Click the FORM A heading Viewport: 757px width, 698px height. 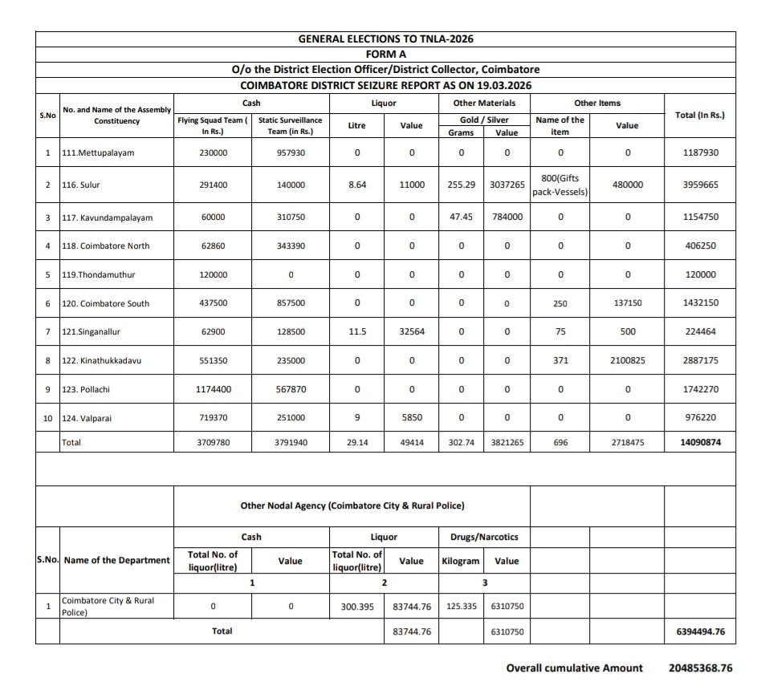pyautogui.click(x=385, y=54)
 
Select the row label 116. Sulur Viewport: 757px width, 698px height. pyautogui.click(x=82, y=185)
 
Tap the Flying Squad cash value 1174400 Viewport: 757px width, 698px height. pyautogui.click(x=213, y=389)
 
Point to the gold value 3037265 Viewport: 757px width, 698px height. pyautogui.click(x=507, y=185)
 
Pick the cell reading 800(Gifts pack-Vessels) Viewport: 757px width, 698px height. pyautogui.click(x=560, y=185)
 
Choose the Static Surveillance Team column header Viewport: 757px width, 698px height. pyautogui.click(x=291, y=126)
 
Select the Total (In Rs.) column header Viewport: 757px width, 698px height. pyautogui.click(x=699, y=115)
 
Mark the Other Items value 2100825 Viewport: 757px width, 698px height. pyautogui.click(x=627, y=361)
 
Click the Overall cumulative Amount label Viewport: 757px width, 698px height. pyautogui.click(x=574, y=668)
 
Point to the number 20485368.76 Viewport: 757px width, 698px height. pyautogui.click(x=700, y=668)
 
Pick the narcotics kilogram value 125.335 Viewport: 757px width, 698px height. pyautogui.click(x=462, y=607)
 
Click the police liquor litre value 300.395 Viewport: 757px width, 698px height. pyautogui.click(x=356, y=607)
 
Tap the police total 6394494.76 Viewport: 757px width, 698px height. pyautogui.click(x=695, y=631)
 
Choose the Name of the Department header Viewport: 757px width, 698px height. pyautogui.click(x=116, y=560)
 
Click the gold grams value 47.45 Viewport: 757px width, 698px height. pyautogui.click(x=461, y=217)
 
